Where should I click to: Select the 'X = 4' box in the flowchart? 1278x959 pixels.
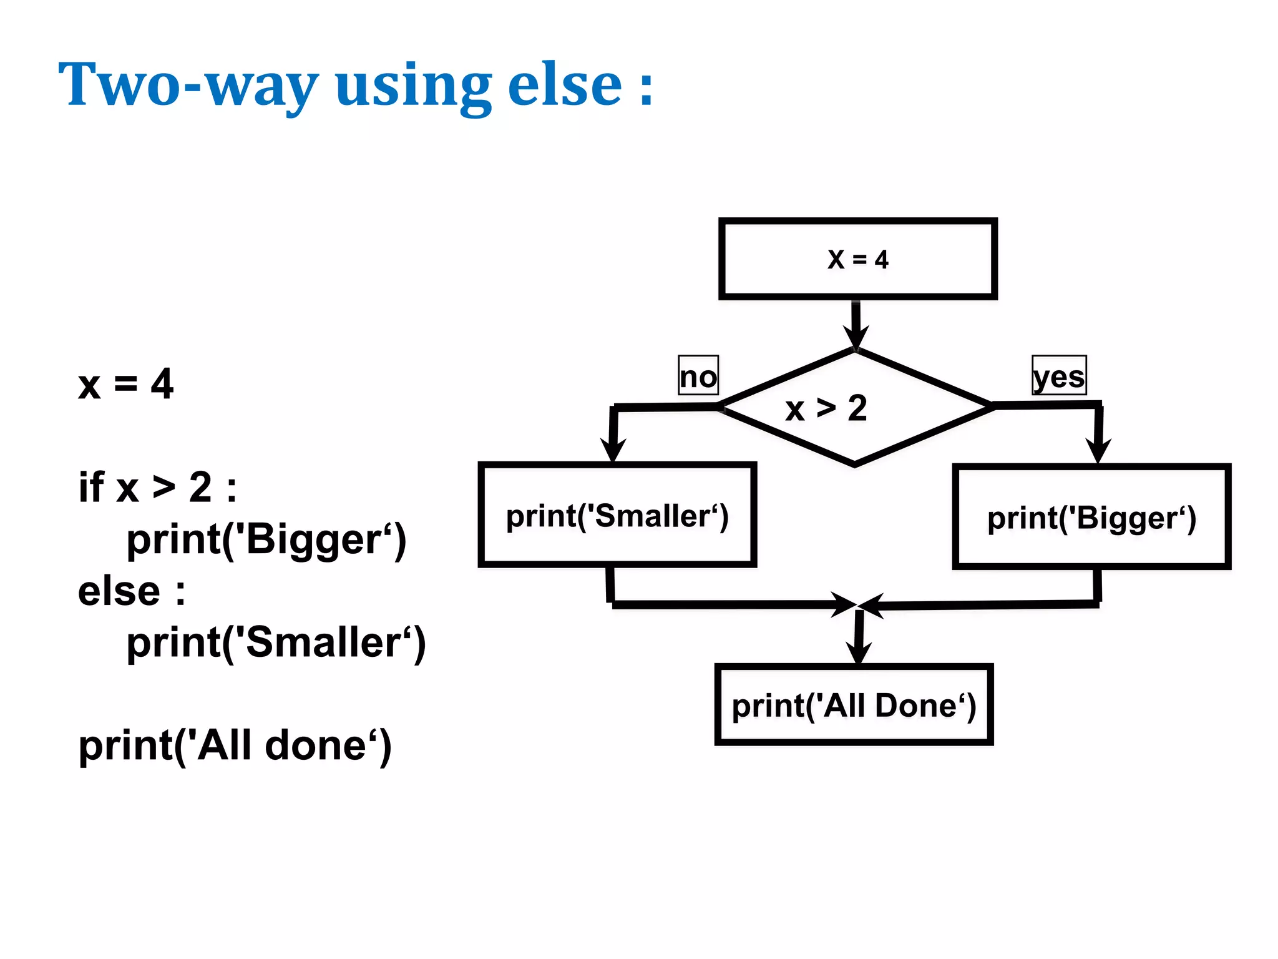click(x=857, y=258)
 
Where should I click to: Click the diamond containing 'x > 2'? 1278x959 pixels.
click(x=854, y=407)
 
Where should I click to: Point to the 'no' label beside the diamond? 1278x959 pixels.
click(x=698, y=376)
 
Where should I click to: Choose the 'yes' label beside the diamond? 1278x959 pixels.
click(x=1059, y=376)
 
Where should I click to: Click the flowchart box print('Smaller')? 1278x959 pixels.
click(x=617, y=515)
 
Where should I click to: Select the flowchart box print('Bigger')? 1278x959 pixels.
click(x=1091, y=517)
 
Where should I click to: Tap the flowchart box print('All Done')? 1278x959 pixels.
click(x=854, y=705)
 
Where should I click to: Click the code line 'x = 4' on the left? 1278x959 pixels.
click(x=125, y=383)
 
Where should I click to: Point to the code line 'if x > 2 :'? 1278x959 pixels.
click(x=157, y=487)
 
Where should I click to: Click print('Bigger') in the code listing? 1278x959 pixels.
click(x=266, y=539)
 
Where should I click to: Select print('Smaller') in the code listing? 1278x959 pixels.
click(x=276, y=642)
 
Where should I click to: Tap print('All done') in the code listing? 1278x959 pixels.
click(x=235, y=745)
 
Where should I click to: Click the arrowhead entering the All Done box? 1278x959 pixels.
click(x=859, y=652)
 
